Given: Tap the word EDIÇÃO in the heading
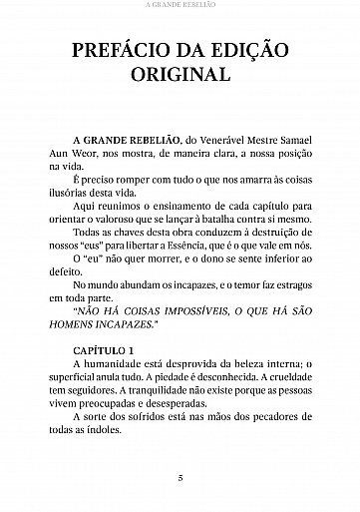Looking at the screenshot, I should (263, 53).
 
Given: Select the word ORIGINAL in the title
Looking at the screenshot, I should (179, 76).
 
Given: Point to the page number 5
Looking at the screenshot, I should (180, 477).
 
